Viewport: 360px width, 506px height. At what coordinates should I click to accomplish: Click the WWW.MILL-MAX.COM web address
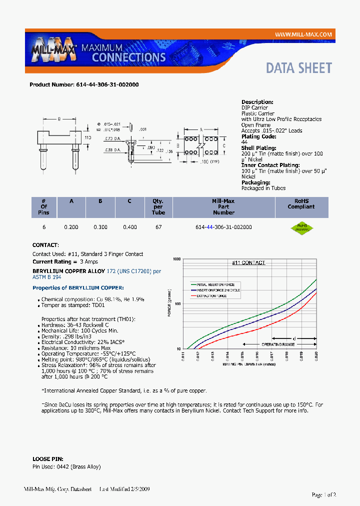pyautogui.click(x=303, y=34)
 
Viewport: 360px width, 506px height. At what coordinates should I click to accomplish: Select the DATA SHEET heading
pyautogui.click(x=298, y=68)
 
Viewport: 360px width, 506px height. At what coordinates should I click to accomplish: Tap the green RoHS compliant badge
pyautogui.click(x=301, y=227)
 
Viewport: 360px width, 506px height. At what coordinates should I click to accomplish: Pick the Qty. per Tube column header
pyautogui.click(x=158, y=206)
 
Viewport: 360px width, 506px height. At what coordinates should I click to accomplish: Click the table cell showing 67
pyautogui.click(x=158, y=227)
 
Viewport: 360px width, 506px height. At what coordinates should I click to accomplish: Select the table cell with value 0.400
pyautogui.click(x=129, y=227)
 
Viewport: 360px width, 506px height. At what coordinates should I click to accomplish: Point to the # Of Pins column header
pyautogui.click(x=43, y=206)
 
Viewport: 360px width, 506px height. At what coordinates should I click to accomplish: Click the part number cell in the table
pyautogui.click(x=223, y=227)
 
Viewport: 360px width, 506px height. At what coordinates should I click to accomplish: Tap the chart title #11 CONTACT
pyautogui.click(x=248, y=262)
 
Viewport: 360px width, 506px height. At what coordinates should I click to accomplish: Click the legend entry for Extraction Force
pyautogui.click(x=211, y=296)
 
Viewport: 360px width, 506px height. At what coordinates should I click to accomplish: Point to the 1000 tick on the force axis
pyautogui.click(x=176, y=259)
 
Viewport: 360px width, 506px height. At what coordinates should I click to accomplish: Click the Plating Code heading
pyautogui.click(x=258, y=136)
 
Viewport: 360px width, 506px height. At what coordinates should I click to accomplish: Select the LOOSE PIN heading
pyautogui.click(x=46, y=458)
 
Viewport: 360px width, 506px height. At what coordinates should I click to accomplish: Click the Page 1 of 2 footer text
pyautogui.click(x=323, y=494)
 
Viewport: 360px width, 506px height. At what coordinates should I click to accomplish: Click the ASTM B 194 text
pyautogui.click(x=46, y=276)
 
